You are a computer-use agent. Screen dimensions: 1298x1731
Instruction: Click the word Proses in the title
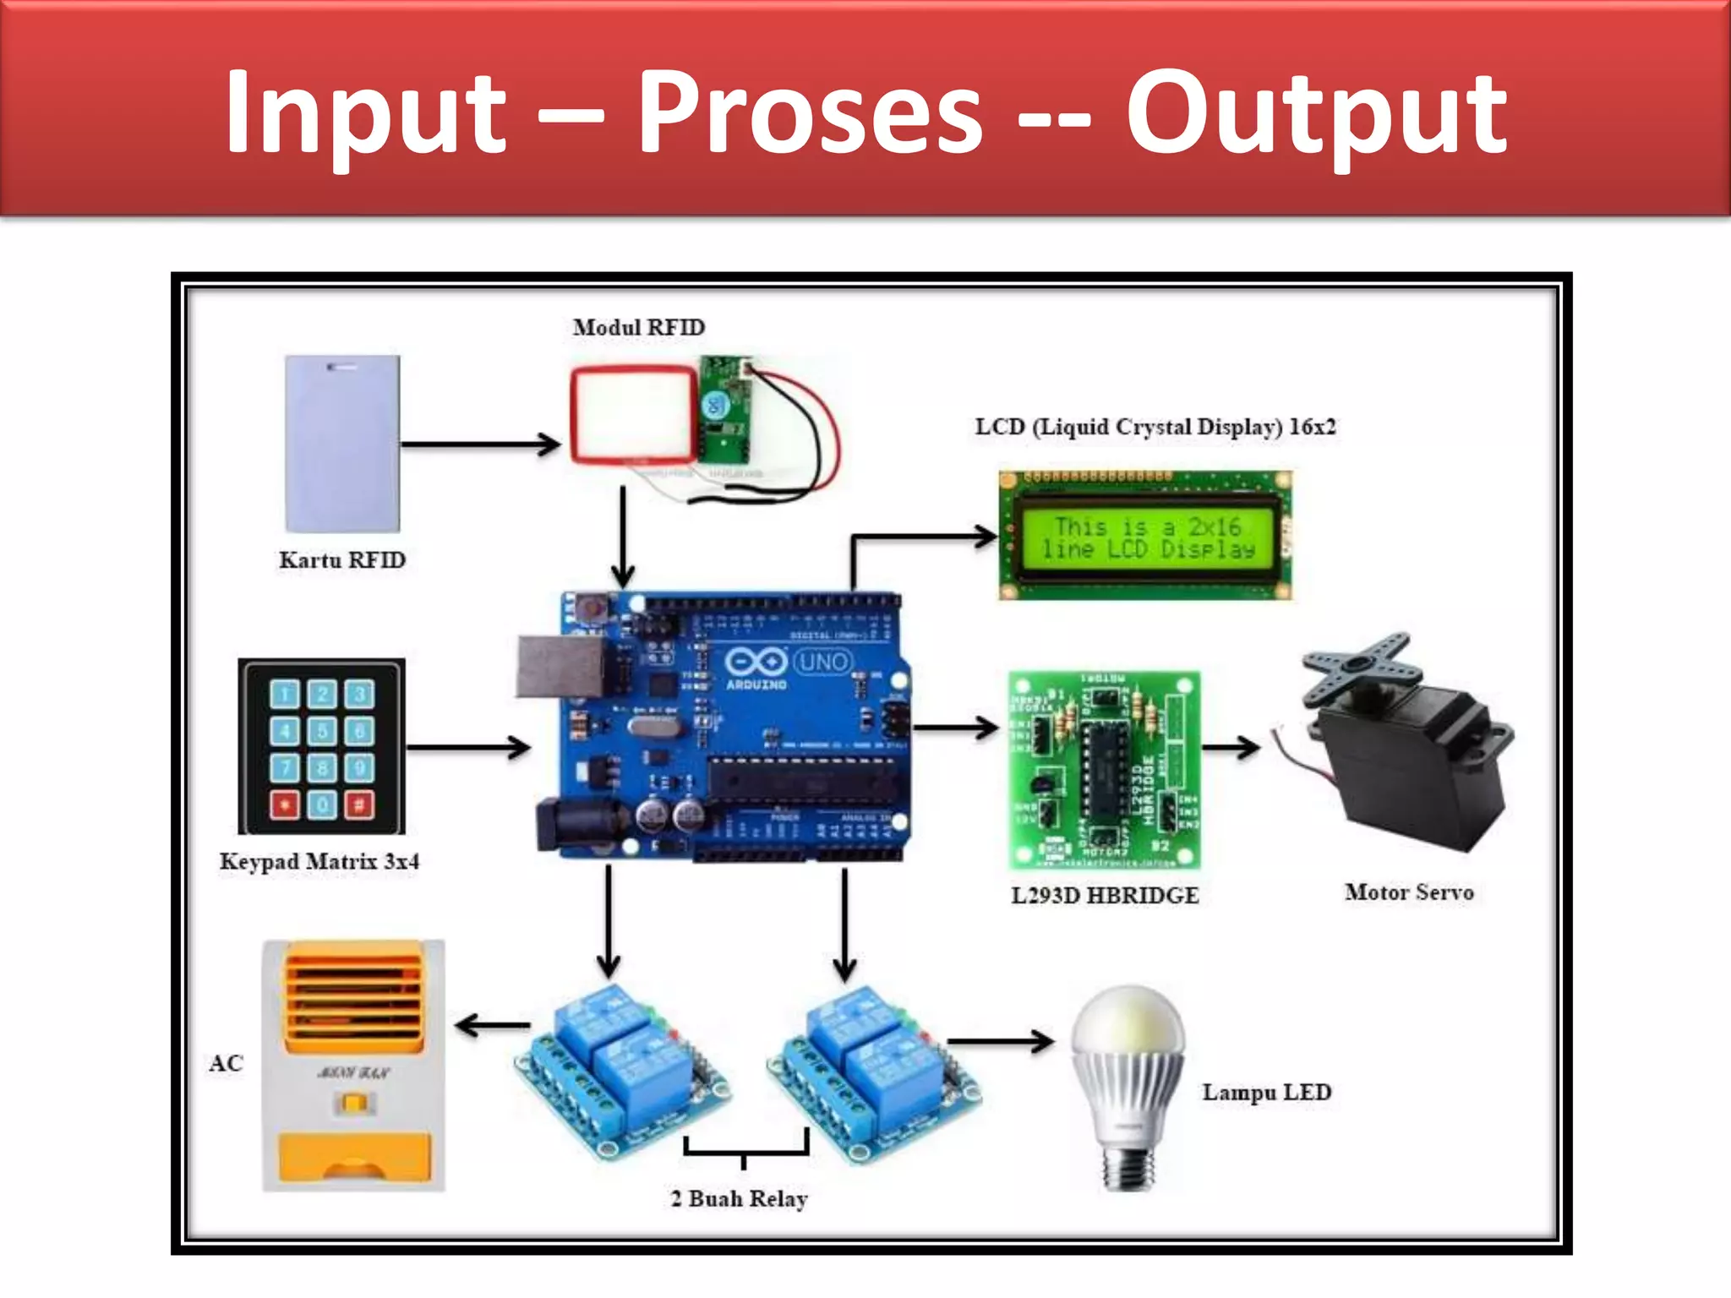(810, 114)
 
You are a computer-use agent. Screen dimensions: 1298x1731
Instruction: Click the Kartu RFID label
(342, 560)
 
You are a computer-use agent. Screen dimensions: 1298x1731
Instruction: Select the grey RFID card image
(342, 444)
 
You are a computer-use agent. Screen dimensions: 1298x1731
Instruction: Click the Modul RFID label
(638, 327)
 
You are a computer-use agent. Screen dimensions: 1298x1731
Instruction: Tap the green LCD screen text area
(1147, 537)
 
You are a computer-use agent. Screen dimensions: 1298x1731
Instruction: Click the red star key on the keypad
(285, 804)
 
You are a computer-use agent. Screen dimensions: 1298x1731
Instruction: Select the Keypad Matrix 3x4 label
(319, 862)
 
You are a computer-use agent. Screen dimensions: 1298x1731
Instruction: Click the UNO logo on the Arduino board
(822, 662)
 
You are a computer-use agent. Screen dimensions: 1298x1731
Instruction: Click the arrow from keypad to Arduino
(469, 747)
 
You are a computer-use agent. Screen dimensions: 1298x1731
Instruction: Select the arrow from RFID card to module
(480, 444)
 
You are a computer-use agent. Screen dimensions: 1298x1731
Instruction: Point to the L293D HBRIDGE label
(1105, 896)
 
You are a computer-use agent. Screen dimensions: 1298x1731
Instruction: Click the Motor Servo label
(1409, 892)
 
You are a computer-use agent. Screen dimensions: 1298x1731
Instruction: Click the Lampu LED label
(1266, 1093)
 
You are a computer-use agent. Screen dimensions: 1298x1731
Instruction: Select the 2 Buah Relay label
(739, 1199)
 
